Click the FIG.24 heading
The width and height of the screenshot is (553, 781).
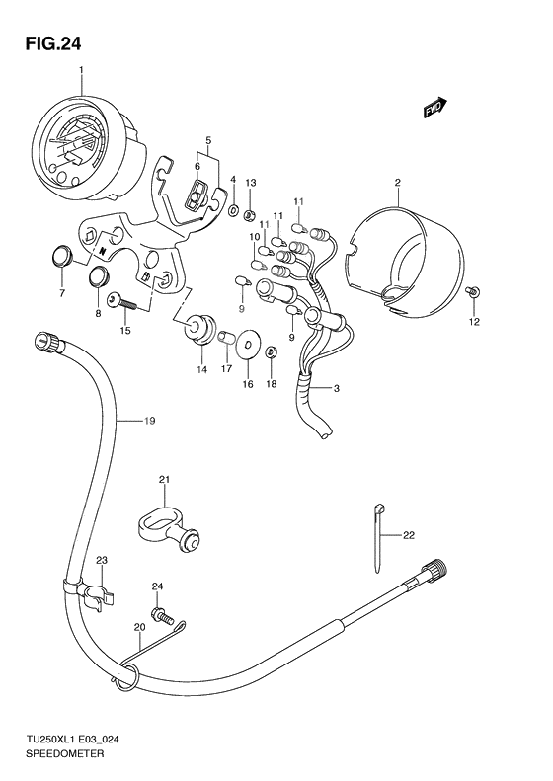pos(52,44)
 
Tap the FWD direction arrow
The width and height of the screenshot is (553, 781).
pos(435,107)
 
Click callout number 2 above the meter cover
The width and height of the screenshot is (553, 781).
pos(398,183)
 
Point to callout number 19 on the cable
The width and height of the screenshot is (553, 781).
pos(149,421)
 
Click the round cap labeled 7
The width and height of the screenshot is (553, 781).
pos(62,256)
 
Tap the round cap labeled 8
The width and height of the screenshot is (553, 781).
pos(98,276)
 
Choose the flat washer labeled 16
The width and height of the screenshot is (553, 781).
pos(247,344)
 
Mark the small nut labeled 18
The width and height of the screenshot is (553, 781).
pos(272,352)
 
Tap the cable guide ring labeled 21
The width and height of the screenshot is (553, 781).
pos(170,529)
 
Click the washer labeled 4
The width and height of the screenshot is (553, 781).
pos(233,210)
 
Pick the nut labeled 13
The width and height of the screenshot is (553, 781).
pos(250,216)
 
